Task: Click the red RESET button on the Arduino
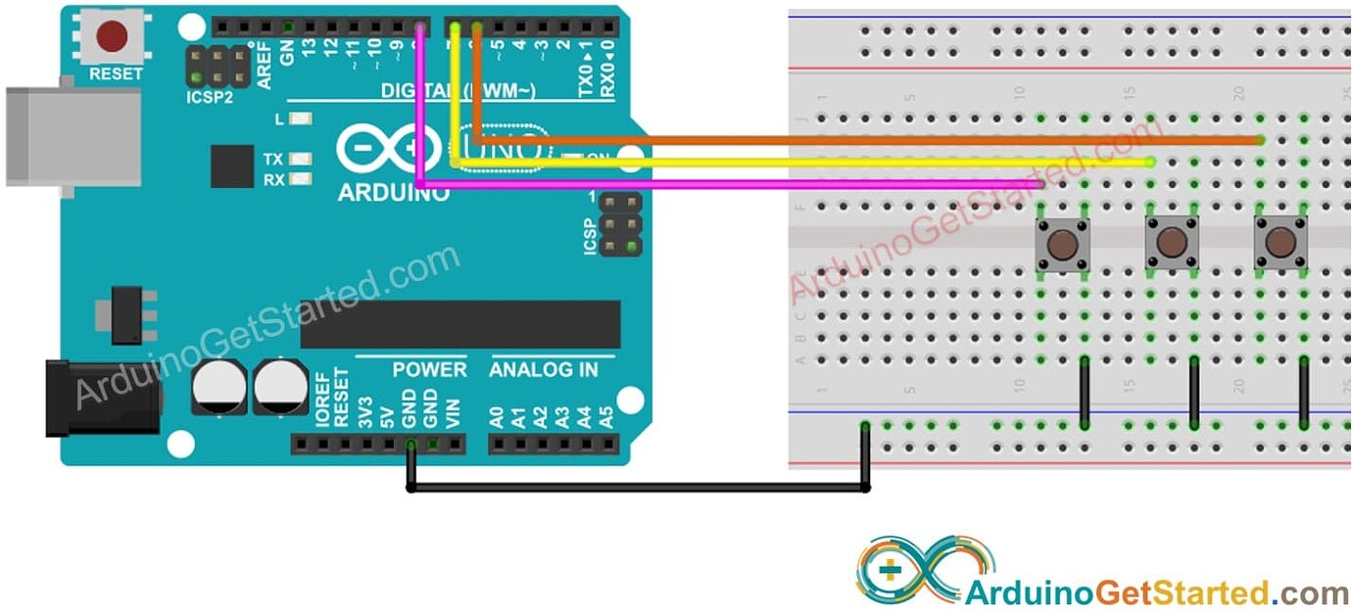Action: pyautogui.click(x=113, y=37)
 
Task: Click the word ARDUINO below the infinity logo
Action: pyautogui.click(x=393, y=193)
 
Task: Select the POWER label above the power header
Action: pyautogui.click(x=429, y=370)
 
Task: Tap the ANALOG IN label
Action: pyautogui.click(x=544, y=370)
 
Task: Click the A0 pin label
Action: pyautogui.click(x=497, y=416)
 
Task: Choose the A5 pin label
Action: pyautogui.click(x=606, y=416)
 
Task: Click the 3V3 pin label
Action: pyautogui.click(x=364, y=410)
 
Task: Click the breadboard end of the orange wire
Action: pyautogui.click(x=1259, y=141)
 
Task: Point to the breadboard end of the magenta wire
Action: pyautogui.click(x=1040, y=184)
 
